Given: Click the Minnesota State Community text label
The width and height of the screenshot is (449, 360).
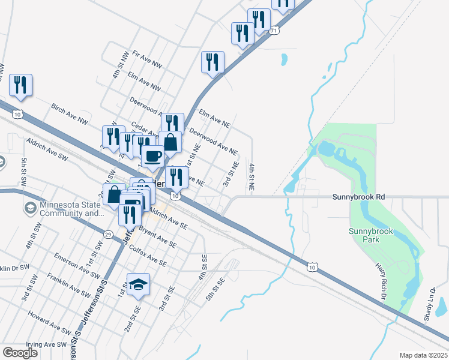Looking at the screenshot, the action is coord(68,208).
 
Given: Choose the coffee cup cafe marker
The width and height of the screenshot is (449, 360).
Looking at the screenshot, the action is coord(152,157).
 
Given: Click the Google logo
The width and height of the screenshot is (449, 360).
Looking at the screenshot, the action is coord(20,352).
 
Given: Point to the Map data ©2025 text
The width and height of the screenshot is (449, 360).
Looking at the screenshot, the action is coord(423,355).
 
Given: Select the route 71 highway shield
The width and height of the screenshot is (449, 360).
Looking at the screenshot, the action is coord(274,30).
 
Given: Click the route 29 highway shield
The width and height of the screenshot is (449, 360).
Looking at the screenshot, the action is coord(108,233).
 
